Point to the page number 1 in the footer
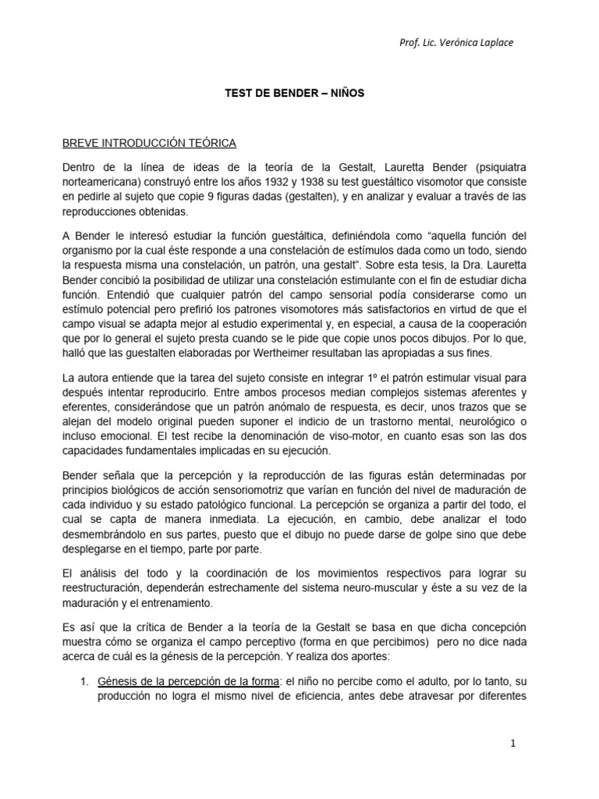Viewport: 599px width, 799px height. pyautogui.click(x=513, y=744)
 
